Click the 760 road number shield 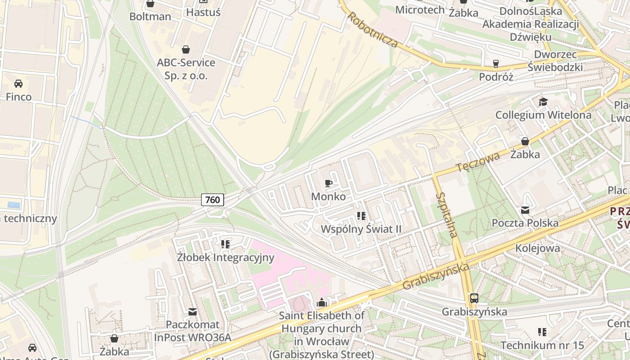[x=212, y=199]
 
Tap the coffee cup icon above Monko [x=328, y=183]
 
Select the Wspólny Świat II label [x=360, y=229]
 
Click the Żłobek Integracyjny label [x=225, y=257]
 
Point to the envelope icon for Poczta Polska [x=525, y=210]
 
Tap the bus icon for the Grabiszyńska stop [x=474, y=298]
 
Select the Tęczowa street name [x=478, y=162]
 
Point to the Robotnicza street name [x=373, y=30]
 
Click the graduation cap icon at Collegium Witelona [x=543, y=102]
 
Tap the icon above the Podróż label [x=496, y=63]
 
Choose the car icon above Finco [x=18, y=83]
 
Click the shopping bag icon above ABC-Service [x=185, y=49]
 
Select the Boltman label [x=150, y=17]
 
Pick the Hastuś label [x=203, y=12]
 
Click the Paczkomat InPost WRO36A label [x=193, y=331]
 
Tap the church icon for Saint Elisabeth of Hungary [x=321, y=302]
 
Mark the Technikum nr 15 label [x=542, y=345]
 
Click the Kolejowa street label [x=537, y=248]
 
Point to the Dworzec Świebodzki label [x=558, y=61]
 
